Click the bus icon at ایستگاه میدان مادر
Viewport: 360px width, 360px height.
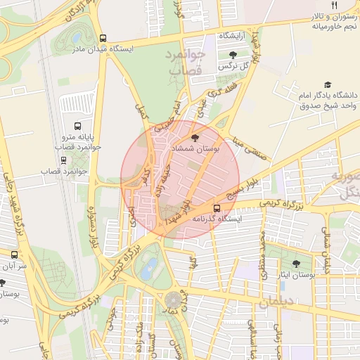click(103, 39)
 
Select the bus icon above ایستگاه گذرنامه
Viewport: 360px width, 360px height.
click(217, 208)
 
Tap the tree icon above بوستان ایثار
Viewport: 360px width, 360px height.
click(295, 264)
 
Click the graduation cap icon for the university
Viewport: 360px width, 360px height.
click(326, 84)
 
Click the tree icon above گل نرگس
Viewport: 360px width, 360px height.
click(233, 54)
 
